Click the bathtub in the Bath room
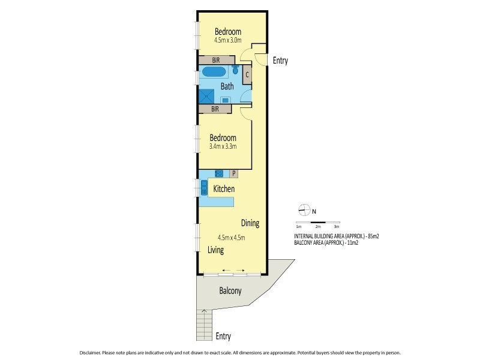point(214,71)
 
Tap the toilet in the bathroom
point(235,69)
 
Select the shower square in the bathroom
point(206,97)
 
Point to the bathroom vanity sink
point(226,100)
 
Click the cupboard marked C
point(247,74)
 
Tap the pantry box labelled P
point(233,173)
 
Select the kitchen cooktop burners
point(219,173)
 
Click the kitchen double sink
point(204,188)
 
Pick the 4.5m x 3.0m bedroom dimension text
point(228,40)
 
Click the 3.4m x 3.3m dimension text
point(223,146)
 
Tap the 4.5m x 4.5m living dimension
point(231,238)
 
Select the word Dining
point(250,223)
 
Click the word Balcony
point(230,290)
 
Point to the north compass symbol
point(304,209)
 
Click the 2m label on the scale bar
point(318,227)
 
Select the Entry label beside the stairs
point(223,336)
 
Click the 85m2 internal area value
point(373,236)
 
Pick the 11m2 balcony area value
point(353,243)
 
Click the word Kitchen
point(224,188)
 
